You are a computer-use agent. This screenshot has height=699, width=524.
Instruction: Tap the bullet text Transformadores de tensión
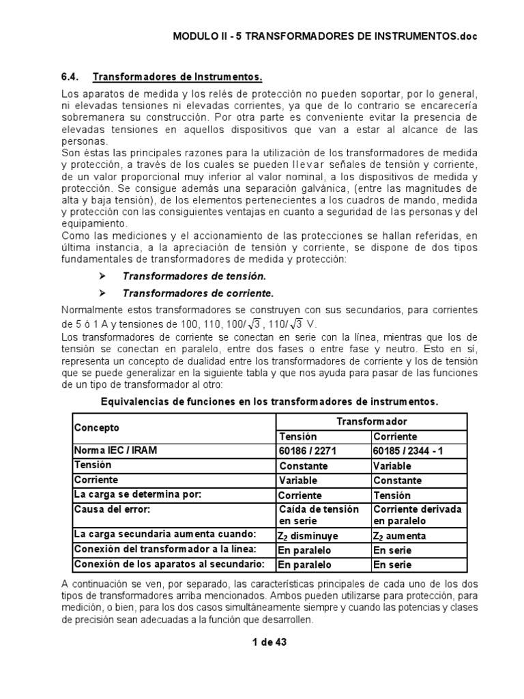click(193, 276)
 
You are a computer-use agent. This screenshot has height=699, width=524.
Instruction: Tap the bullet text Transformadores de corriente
click(197, 294)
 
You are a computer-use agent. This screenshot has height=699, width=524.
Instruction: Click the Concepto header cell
click(96, 428)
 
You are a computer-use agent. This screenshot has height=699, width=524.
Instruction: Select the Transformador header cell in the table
click(371, 421)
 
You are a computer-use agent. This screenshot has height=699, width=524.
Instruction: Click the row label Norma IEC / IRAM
click(114, 451)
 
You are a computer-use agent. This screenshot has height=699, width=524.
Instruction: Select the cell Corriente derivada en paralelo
click(416, 515)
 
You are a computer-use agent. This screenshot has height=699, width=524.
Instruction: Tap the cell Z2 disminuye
click(308, 536)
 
